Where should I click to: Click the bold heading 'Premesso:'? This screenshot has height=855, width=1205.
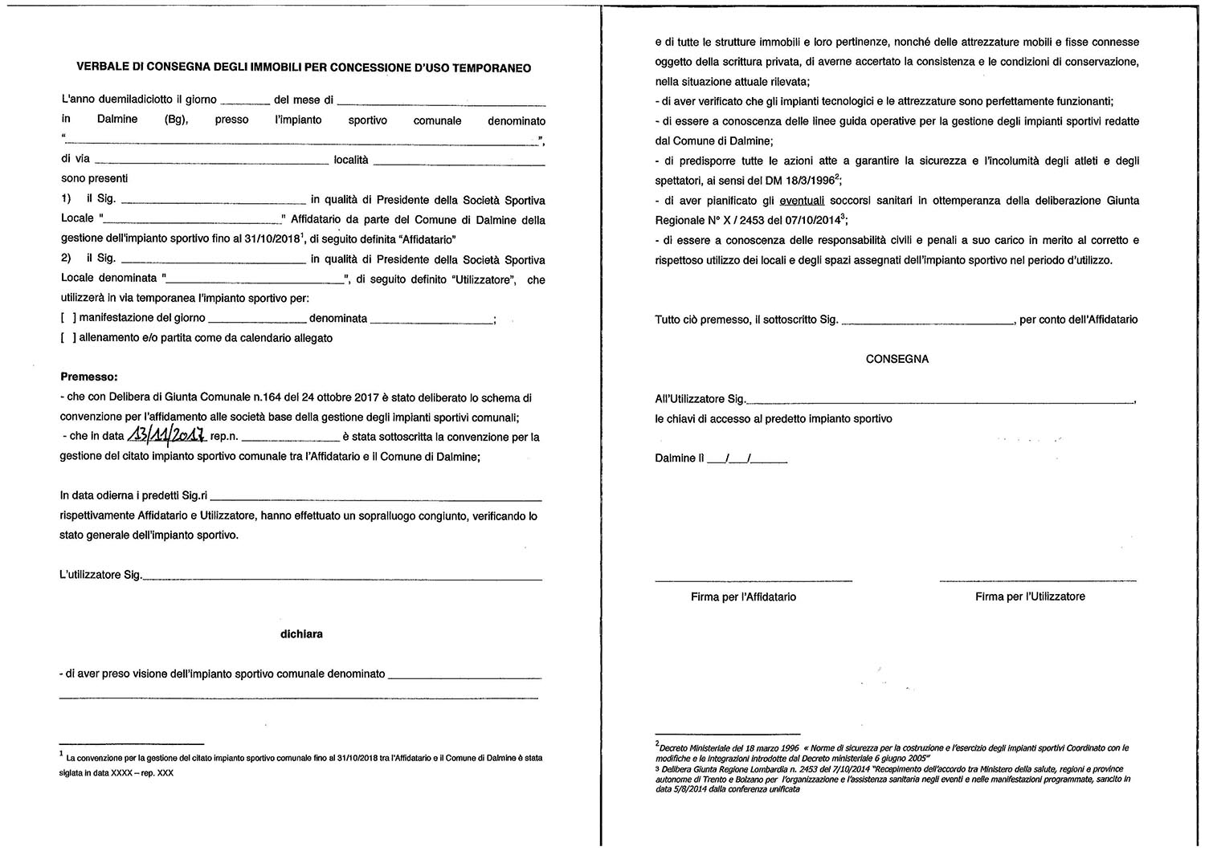pyautogui.click(x=88, y=377)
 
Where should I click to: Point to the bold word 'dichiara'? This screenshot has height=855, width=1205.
pyautogui.click(x=301, y=633)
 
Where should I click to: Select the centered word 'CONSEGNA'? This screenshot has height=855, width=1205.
pyautogui.click(x=897, y=359)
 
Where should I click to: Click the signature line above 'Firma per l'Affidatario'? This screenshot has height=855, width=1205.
pyautogui.click(x=753, y=579)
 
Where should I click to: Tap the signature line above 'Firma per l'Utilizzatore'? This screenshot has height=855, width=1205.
pyautogui.click(x=1037, y=579)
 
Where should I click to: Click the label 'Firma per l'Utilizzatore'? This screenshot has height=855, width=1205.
pyautogui.click(x=1030, y=596)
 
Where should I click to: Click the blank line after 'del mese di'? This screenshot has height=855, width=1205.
pyautogui.click(x=441, y=103)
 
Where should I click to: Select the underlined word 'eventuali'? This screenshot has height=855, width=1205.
pyautogui.click(x=802, y=200)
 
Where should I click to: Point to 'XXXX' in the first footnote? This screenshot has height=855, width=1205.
pyautogui.click(x=122, y=772)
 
